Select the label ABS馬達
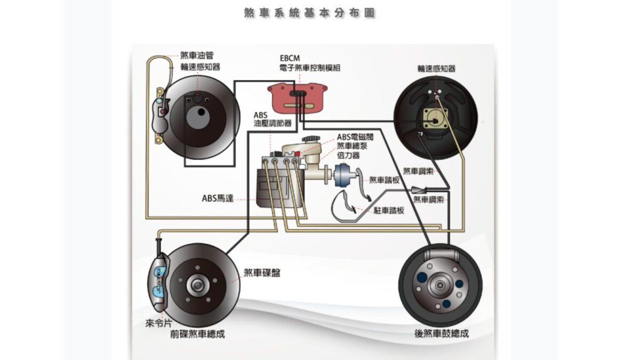coord(217,198)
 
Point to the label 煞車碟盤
coord(262,273)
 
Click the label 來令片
coord(158,323)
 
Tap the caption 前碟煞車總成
coord(197,334)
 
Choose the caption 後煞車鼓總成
coord(441,334)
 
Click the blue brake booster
coord(345,177)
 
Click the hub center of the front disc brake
coord(197,282)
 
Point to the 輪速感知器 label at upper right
coord(436,68)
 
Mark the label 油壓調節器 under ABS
coord(273,123)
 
